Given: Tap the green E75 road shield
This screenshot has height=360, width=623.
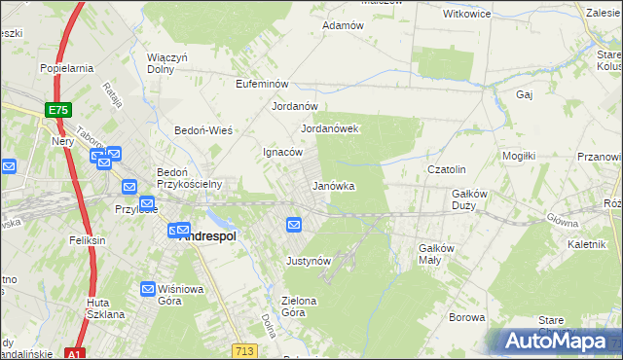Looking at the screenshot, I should [x=58, y=111].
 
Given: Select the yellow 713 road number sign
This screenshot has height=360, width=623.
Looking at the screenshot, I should [x=244, y=349].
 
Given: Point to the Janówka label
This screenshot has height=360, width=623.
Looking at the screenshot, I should [x=332, y=185].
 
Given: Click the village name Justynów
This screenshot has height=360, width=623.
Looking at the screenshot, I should [x=310, y=261].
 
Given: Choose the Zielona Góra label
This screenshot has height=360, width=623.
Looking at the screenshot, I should [x=299, y=306].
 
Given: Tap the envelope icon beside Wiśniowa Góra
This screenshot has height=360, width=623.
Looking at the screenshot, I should [x=148, y=289].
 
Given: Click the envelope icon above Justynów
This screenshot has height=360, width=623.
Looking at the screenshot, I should [x=295, y=226].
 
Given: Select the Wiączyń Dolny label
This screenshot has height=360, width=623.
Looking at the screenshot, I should [x=166, y=63].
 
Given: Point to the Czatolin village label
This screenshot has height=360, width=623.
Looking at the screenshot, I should [x=448, y=169].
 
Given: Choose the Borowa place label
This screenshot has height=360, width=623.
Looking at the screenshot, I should [x=466, y=317].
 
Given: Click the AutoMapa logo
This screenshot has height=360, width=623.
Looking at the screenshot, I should [x=556, y=341].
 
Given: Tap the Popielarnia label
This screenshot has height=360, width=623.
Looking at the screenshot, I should [x=66, y=68].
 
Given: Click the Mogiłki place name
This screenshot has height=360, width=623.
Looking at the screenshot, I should [x=519, y=156].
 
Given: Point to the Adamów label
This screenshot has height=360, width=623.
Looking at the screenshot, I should [x=343, y=25].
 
